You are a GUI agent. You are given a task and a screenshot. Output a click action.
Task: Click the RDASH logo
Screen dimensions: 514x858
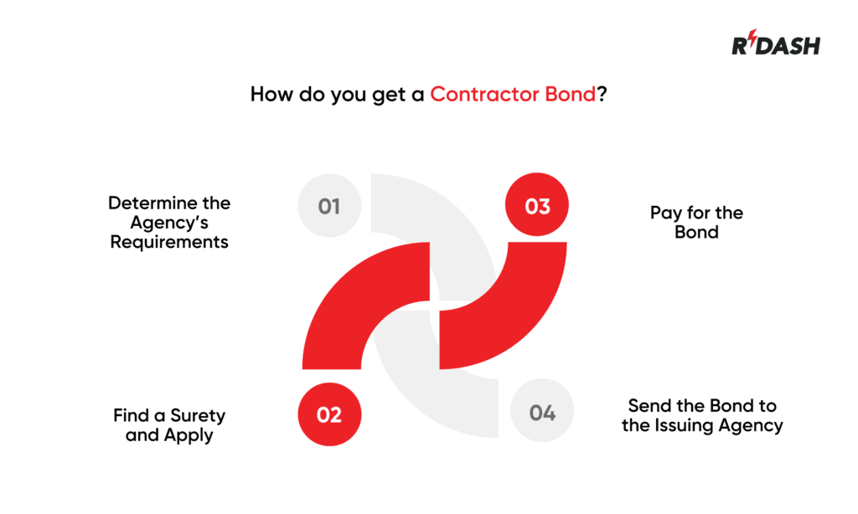(776, 45)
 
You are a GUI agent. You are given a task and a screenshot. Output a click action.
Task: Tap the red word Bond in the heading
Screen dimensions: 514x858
(571, 94)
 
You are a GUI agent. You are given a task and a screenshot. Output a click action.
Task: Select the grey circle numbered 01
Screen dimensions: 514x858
(329, 205)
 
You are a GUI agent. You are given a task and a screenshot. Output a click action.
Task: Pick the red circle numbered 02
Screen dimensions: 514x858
(329, 414)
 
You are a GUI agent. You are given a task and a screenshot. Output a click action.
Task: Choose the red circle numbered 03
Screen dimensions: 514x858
(537, 205)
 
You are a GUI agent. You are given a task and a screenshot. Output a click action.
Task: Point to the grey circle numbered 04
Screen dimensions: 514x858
(542, 413)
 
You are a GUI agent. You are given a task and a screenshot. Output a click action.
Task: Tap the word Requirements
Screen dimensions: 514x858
(169, 243)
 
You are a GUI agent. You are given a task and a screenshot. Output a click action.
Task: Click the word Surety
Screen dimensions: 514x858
(198, 415)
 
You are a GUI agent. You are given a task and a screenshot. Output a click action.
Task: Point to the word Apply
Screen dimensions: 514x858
(189, 435)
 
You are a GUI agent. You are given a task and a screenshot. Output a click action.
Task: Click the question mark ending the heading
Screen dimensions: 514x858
(602, 94)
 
